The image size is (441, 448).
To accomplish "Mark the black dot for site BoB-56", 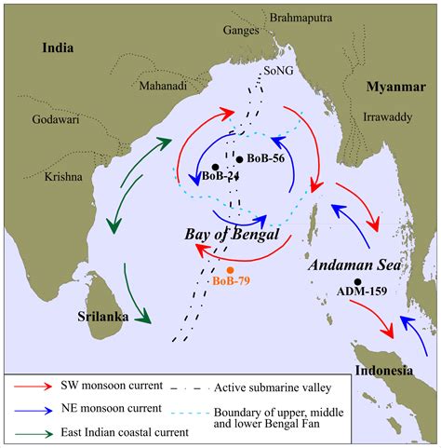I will (238, 159).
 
